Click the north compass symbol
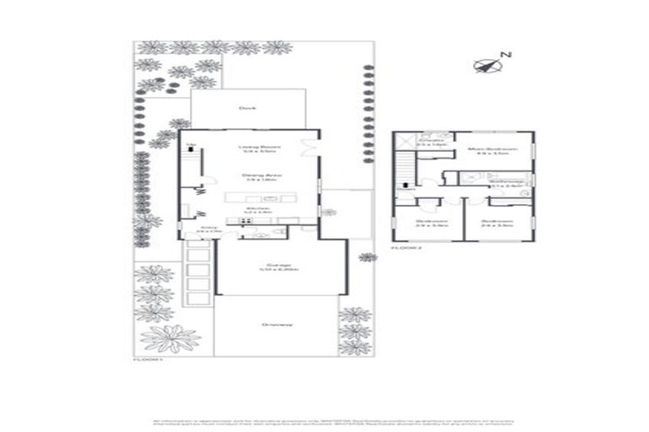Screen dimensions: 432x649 pos(488,64)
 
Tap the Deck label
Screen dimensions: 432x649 pos(247,108)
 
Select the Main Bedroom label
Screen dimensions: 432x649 pos(493,151)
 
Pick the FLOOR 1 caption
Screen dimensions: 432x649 pos(147,359)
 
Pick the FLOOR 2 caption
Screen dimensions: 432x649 pos(404,249)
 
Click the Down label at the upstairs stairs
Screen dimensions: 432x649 pos(405,190)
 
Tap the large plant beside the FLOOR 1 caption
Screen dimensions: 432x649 pos(171,337)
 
